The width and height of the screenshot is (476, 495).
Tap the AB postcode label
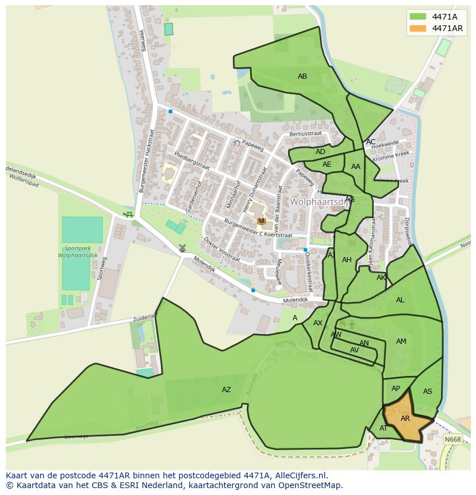302,76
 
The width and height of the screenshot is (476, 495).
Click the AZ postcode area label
227,390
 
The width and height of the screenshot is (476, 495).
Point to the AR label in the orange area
405,419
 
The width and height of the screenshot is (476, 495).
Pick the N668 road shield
453,439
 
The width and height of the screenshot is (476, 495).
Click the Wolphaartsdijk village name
320,202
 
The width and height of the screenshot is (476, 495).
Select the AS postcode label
427,392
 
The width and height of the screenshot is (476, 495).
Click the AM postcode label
401,341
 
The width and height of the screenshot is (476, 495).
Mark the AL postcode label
400,300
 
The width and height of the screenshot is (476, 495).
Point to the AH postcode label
347,260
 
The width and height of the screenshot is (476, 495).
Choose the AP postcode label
396,389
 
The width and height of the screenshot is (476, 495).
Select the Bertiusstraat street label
306,133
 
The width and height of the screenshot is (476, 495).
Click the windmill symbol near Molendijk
182,248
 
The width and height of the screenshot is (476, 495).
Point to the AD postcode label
320,152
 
